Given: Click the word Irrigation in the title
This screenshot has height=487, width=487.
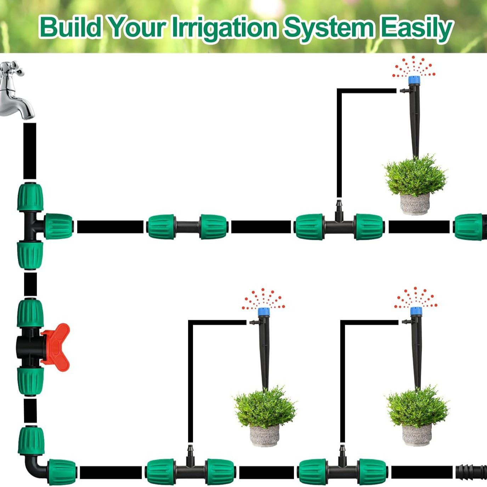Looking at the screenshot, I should (225, 28).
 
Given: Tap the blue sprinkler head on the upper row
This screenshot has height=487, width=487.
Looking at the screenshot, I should (414, 80).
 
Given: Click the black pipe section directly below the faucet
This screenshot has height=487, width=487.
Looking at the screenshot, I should (30, 151).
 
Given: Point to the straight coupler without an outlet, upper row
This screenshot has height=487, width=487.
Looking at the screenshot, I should (187, 227).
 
